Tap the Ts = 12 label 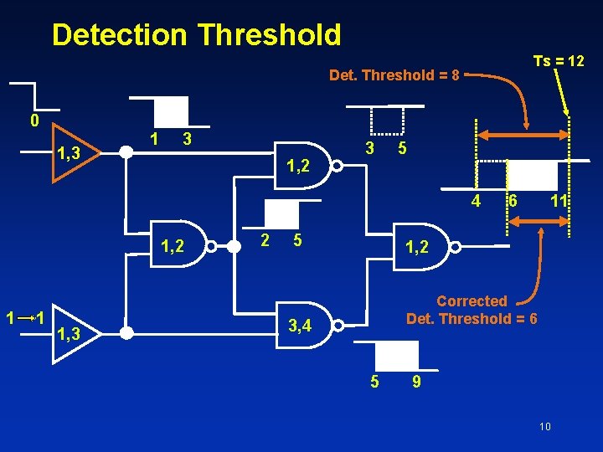pos(559,61)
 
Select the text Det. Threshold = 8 pos(394,75)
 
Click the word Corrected pos(472,301)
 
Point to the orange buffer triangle pos(75,152)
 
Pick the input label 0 pos(33,121)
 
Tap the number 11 pos(559,202)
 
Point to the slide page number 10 pos(544,427)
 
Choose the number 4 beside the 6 pos(475,202)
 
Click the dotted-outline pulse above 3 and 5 pos(387,121)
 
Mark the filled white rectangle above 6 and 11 pos(533,176)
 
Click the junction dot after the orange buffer pos(126,152)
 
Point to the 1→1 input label pos(24,319)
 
